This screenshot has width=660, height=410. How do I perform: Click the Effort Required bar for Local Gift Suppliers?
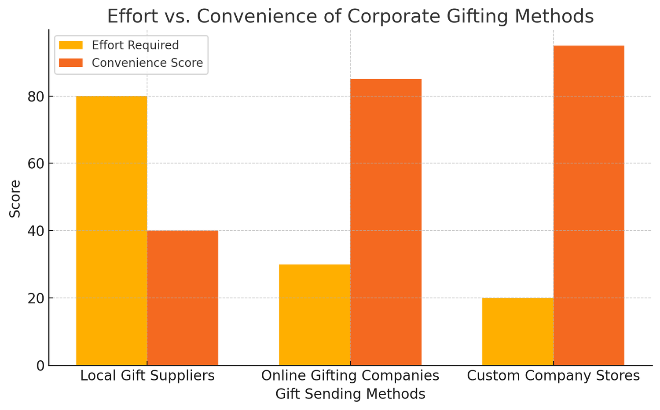111,231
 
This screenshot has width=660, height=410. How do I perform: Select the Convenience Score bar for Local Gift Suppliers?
183,298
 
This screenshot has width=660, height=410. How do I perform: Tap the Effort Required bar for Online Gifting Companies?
315,315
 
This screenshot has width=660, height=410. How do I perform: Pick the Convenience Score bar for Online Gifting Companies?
386,222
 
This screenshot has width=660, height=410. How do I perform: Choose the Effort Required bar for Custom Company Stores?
517,331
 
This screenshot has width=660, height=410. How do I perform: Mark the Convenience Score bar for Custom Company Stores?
589,205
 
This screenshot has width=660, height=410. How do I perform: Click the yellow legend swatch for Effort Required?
71,45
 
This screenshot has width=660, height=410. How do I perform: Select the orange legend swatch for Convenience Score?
71,63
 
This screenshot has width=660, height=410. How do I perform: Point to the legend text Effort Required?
135,45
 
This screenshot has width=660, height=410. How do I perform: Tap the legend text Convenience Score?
147,63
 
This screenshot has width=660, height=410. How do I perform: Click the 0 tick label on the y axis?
40,366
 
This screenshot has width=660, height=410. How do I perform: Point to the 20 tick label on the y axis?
36,298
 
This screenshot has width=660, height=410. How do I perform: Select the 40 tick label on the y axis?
36,231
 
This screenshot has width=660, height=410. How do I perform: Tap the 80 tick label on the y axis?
36,97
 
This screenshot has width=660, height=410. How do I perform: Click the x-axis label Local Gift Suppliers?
147,376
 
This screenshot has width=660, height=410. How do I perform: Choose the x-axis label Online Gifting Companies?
350,376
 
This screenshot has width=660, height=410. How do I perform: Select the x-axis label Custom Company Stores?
553,376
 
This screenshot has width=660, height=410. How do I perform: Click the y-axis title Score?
15,198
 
